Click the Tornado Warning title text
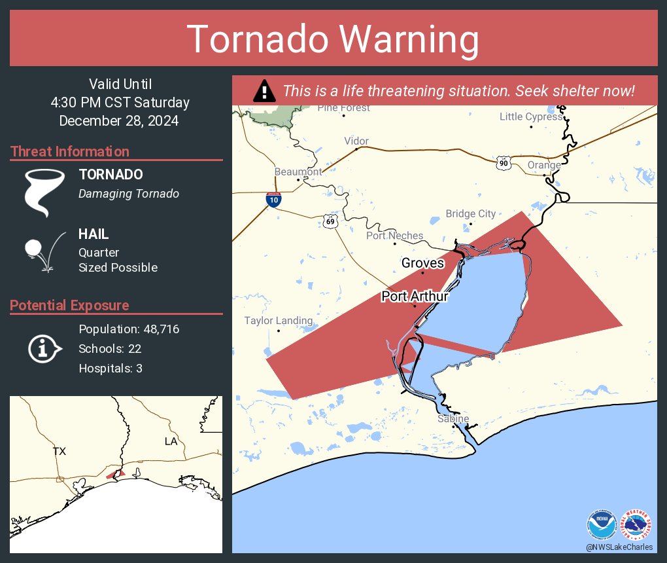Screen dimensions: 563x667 (333, 39)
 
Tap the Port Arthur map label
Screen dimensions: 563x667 (415, 297)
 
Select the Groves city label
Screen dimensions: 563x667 (422, 263)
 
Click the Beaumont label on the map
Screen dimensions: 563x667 (298, 172)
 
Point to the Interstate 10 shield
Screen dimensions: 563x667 (274, 200)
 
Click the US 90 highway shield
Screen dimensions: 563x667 (503, 163)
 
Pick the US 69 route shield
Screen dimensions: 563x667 (331, 221)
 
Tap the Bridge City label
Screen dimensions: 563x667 (470, 213)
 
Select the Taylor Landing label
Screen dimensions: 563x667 (279, 321)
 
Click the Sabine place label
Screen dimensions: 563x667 (453, 418)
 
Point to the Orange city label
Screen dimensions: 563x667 (544, 165)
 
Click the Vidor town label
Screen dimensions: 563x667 (356, 141)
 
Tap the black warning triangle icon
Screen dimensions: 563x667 (264, 91)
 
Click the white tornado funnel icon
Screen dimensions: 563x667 (44, 192)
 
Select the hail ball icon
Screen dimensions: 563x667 (35, 249)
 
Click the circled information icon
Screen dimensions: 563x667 (44, 349)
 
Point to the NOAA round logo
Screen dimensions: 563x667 (602, 525)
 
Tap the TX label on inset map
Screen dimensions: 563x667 (60, 451)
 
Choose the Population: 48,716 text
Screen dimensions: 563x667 (129, 329)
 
